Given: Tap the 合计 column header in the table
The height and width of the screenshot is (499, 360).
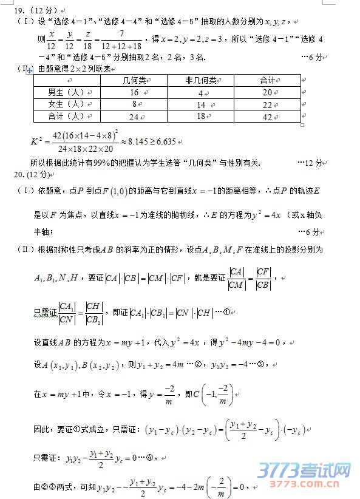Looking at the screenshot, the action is (x=268, y=80).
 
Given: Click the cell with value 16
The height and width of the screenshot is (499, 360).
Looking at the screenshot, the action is (x=134, y=92).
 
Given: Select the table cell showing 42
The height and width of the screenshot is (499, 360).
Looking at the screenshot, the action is (x=268, y=117).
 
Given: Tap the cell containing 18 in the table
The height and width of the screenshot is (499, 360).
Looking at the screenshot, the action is (x=201, y=117).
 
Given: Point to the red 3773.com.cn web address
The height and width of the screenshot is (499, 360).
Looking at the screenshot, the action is (x=304, y=485).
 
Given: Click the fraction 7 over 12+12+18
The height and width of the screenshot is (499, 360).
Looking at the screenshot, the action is (x=121, y=39).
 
